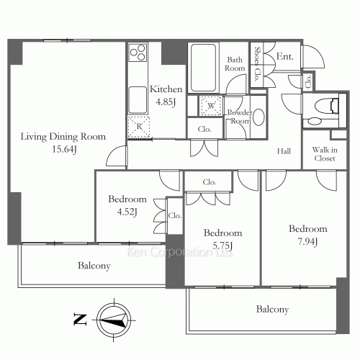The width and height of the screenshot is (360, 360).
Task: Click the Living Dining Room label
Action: pos(63,136)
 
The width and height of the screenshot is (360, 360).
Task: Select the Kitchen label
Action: pos(166,89)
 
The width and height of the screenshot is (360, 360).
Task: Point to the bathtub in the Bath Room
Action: pos(204,67)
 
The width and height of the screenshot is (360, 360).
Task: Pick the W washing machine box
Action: pos(210,106)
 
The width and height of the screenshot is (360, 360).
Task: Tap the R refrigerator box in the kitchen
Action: pos(139,127)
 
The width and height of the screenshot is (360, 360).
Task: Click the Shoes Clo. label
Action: pos(258,60)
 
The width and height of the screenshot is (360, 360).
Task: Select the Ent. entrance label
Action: pos(284,57)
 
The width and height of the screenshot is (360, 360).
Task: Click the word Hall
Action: pos(284,150)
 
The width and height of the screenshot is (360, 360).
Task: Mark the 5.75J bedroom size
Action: pos(222,246)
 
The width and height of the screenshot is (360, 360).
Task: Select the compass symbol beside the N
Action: pos(113,317)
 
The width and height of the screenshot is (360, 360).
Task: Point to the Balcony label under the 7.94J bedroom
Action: pos(272,310)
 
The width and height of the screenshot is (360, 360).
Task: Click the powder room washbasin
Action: pos(258,118)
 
